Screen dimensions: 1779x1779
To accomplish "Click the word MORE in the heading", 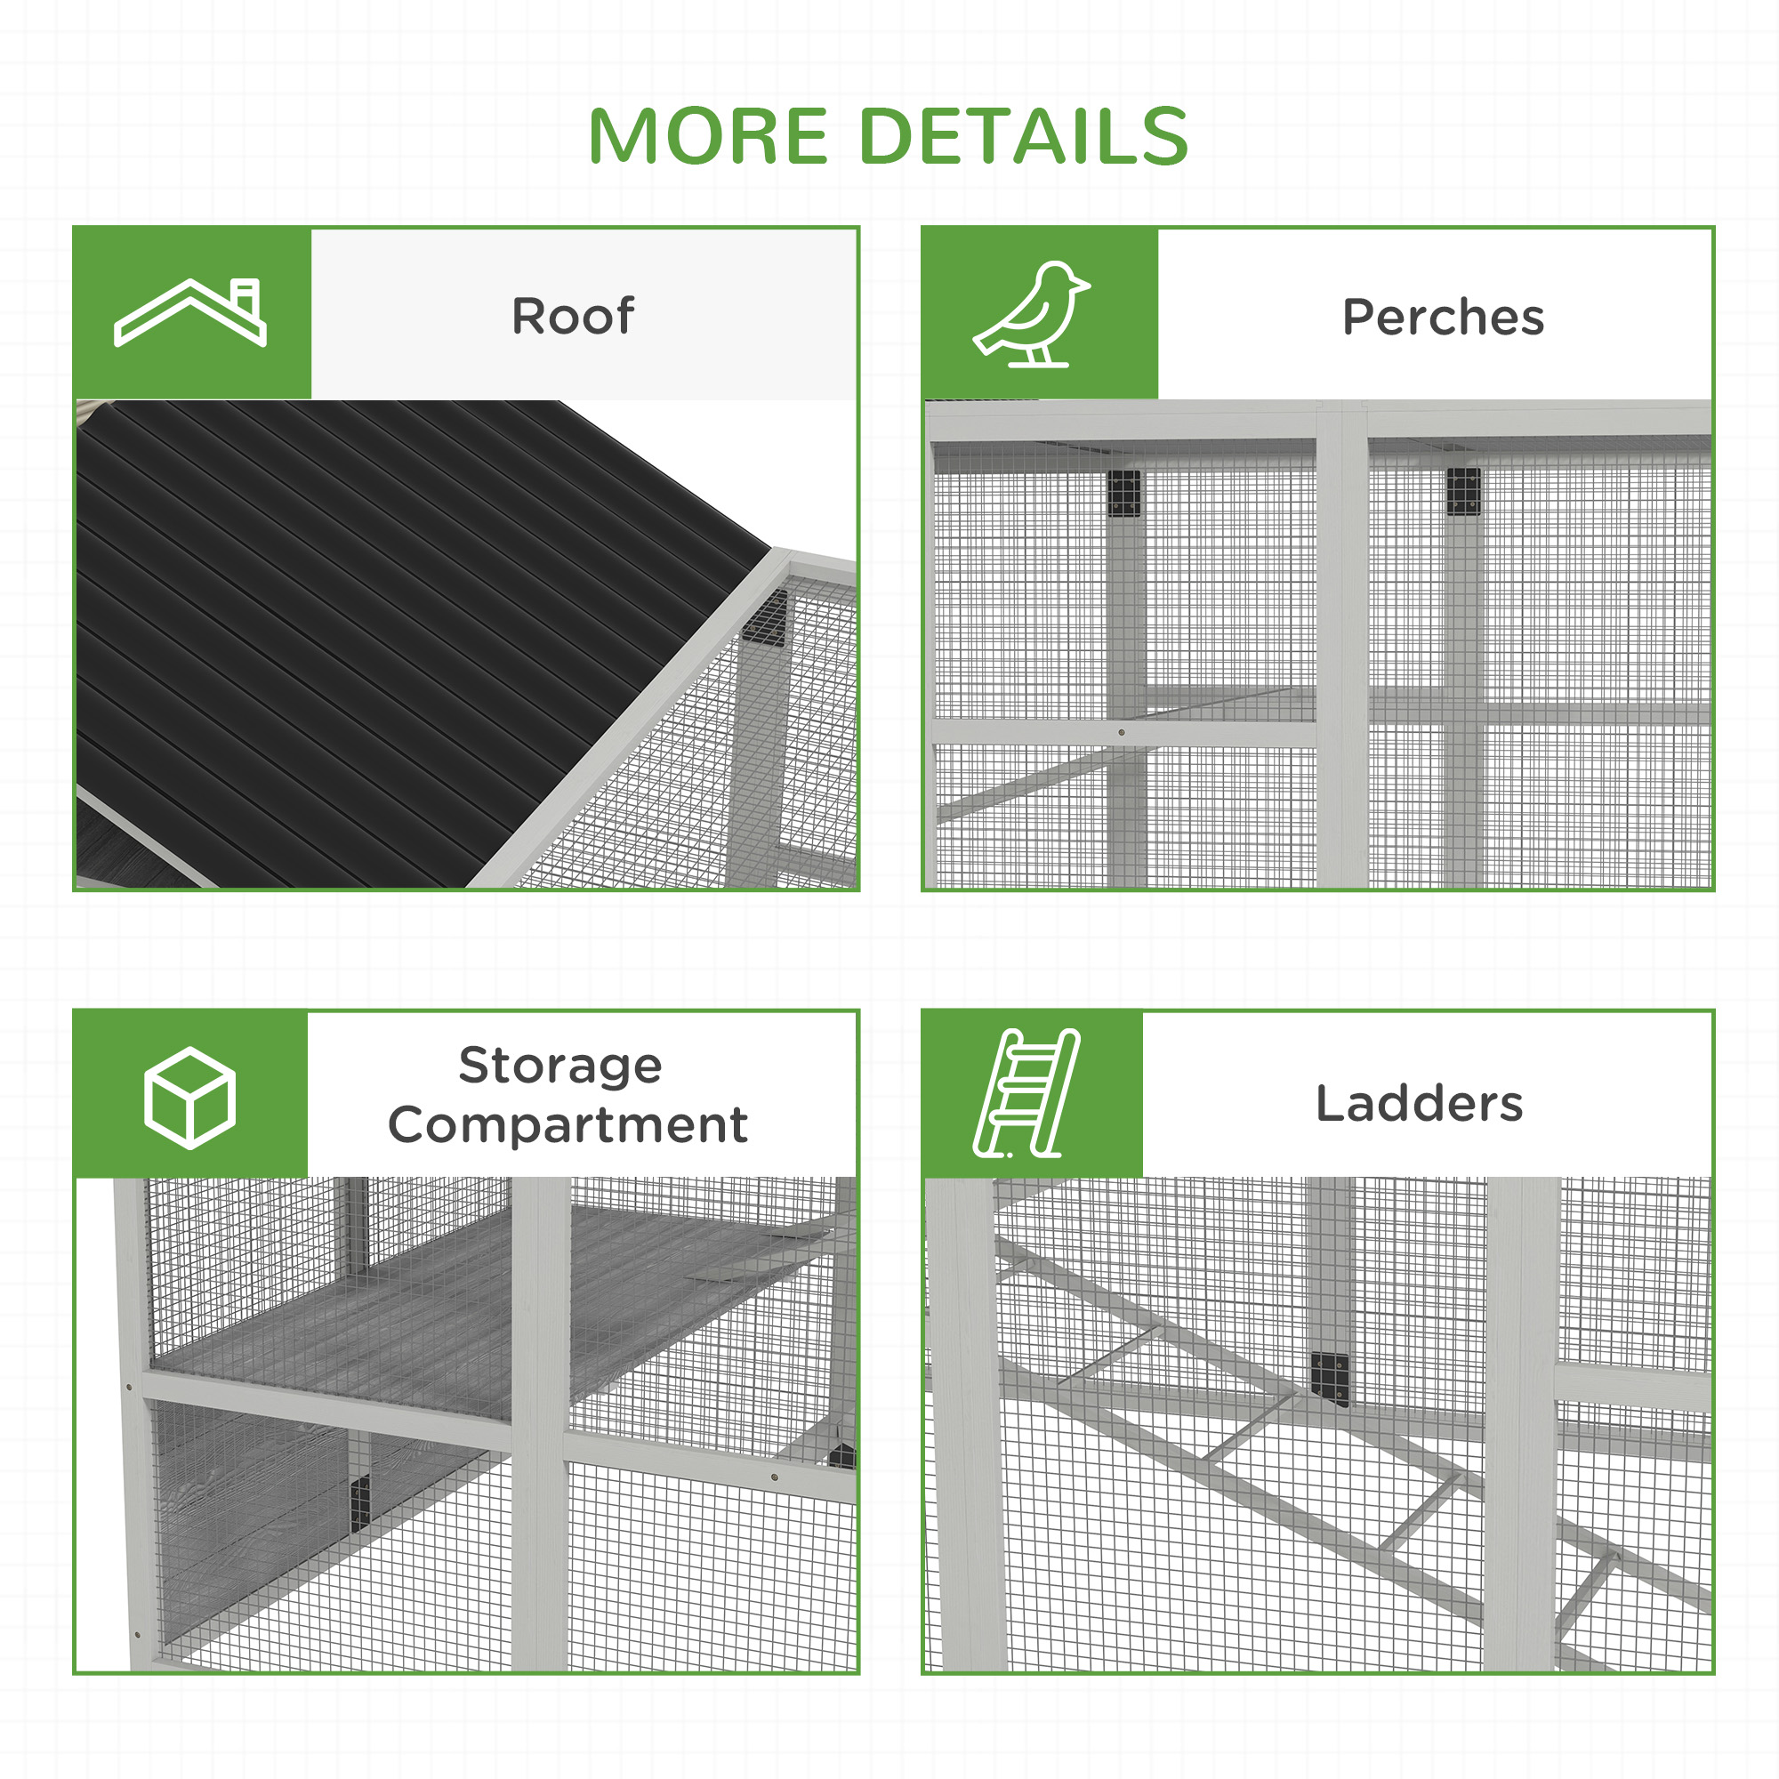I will pos(708,136).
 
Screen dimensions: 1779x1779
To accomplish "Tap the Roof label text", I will pos(572,316).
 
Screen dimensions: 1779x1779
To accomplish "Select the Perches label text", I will pos(1442,318).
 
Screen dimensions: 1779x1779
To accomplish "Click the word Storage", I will pos(559,1066).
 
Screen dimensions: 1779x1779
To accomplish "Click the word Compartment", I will pos(568,1125).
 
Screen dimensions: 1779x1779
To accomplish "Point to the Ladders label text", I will pos(1419,1103).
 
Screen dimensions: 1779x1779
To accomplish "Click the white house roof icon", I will pos(189,312).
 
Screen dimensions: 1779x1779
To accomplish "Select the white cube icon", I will pos(189,1098).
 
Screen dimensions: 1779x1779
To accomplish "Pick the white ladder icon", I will pos(1026,1093).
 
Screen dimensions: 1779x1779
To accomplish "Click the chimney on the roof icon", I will pos(246,296).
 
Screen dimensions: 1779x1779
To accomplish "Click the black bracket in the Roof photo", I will pos(765,618).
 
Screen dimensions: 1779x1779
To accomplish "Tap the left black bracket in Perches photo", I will pos(1123,494).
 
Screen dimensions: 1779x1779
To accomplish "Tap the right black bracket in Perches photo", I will pos(1463,491).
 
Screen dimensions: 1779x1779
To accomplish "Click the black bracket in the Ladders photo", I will pos(1330,1379).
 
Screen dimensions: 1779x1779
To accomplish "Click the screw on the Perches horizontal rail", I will pos(1121,732).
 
